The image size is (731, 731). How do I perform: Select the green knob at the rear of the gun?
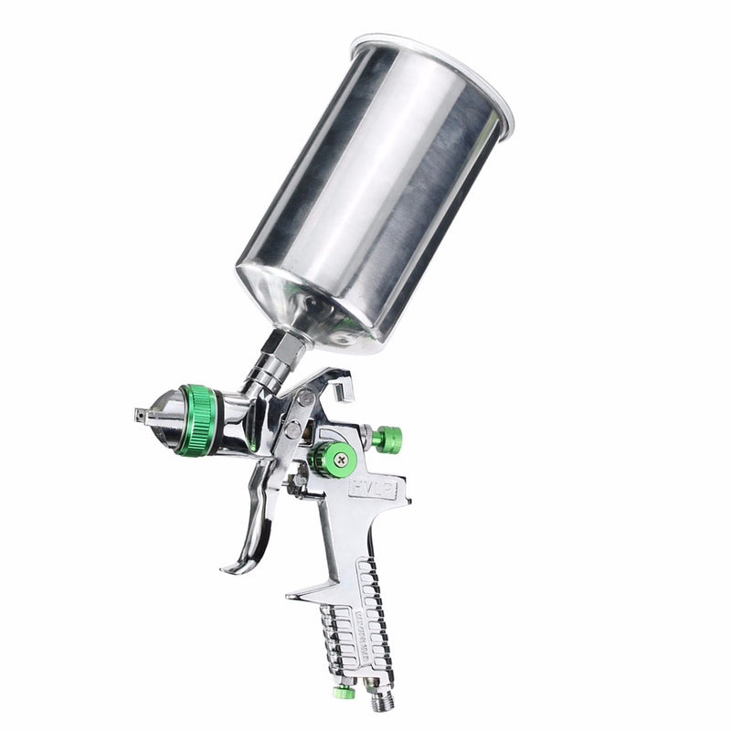pyautogui.click(x=388, y=440)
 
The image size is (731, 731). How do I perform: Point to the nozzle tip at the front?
pyautogui.click(x=143, y=415)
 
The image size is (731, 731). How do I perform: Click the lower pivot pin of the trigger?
pyautogui.click(x=291, y=428)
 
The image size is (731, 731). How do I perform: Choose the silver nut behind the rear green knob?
pyautogui.click(x=367, y=438)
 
